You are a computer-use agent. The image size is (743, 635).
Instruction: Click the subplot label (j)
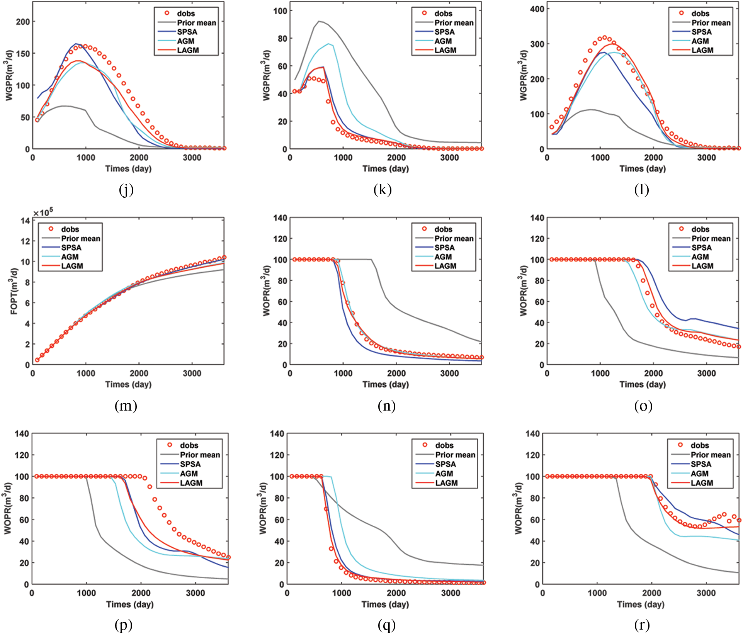click(126, 190)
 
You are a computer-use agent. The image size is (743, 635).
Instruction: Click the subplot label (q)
click(386, 625)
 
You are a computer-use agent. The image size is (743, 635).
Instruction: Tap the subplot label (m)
click(126, 406)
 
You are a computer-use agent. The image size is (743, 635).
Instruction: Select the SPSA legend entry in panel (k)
click(444, 32)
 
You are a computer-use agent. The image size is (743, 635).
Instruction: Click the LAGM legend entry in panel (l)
click(702, 50)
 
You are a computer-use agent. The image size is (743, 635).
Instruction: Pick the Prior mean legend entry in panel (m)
click(80, 239)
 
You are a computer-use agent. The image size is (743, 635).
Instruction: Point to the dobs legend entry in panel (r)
click(699, 445)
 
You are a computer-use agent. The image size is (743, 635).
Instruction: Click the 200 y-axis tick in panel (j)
click(23, 22)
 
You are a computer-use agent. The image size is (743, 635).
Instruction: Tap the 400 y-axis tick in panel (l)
click(537, 9)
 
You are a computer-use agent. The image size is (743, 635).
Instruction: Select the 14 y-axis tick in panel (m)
click(26, 221)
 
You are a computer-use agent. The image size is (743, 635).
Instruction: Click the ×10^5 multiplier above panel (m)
click(43, 212)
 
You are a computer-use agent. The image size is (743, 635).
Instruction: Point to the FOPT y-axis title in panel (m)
click(14, 291)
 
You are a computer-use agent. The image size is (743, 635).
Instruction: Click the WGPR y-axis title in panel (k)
click(267, 75)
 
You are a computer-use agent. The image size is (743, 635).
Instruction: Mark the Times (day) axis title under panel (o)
click(643, 384)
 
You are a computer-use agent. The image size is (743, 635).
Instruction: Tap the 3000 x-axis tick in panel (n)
click(450, 374)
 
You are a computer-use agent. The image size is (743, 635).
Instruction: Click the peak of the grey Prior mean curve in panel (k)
click(319, 21)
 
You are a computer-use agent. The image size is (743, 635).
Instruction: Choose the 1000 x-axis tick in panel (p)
click(86, 593)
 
